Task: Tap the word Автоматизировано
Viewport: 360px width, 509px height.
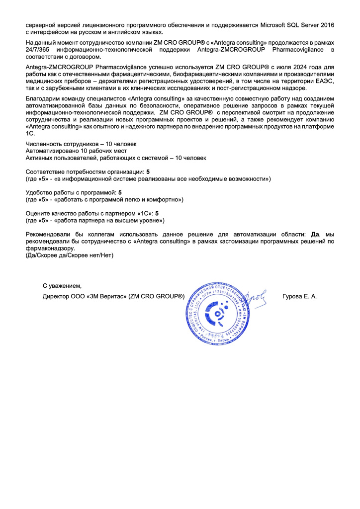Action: (51, 151)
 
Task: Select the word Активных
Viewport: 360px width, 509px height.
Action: (39, 158)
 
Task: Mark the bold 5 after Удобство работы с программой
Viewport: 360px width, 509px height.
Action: (119, 192)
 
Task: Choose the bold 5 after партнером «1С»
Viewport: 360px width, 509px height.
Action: (157, 213)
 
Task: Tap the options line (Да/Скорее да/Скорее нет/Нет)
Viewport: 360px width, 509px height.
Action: (70, 255)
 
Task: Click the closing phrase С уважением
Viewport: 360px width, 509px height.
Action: (61, 286)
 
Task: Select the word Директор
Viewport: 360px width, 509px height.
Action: (56, 297)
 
